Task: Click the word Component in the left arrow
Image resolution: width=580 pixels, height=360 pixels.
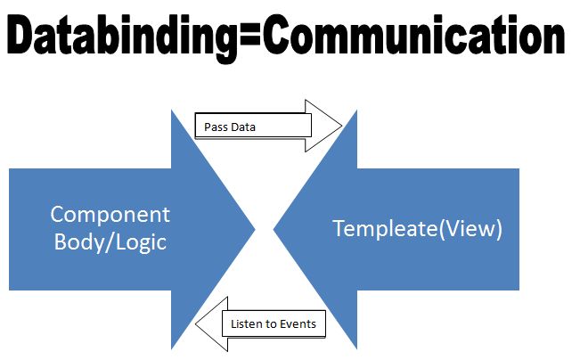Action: point(110,215)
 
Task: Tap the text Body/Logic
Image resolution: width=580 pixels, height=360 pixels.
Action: point(110,241)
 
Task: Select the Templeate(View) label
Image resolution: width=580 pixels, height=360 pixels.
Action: point(418,229)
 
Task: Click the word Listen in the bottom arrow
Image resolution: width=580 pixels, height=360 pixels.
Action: point(248,323)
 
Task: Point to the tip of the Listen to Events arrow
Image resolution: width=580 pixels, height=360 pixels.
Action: point(197,323)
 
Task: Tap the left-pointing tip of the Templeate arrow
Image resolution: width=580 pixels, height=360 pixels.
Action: point(274,229)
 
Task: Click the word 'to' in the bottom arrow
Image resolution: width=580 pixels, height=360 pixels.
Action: point(271,323)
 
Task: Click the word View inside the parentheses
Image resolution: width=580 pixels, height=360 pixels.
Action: point(476,229)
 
